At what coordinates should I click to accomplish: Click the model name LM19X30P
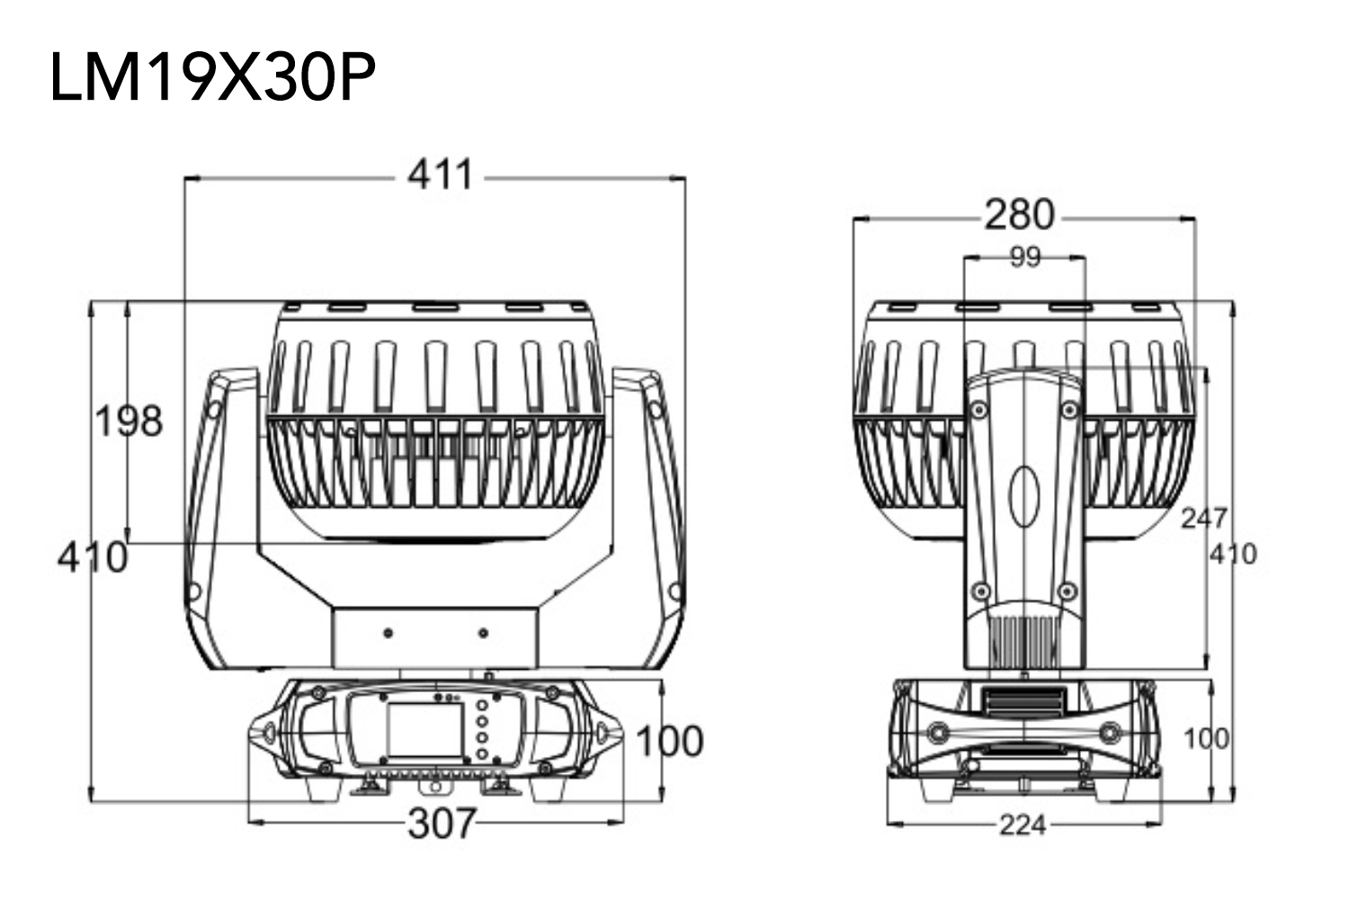point(212,77)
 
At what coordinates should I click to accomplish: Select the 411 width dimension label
point(441,175)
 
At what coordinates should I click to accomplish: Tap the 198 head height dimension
point(129,421)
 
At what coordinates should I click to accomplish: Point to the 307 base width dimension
point(442,823)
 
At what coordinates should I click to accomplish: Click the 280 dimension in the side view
point(1020,214)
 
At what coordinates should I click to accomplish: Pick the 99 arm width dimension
point(1025,256)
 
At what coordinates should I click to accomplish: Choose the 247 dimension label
point(1204,519)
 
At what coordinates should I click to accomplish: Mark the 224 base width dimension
point(1023,825)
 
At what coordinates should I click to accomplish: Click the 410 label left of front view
point(93,557)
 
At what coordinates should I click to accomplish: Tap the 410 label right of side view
point(1233,554)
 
